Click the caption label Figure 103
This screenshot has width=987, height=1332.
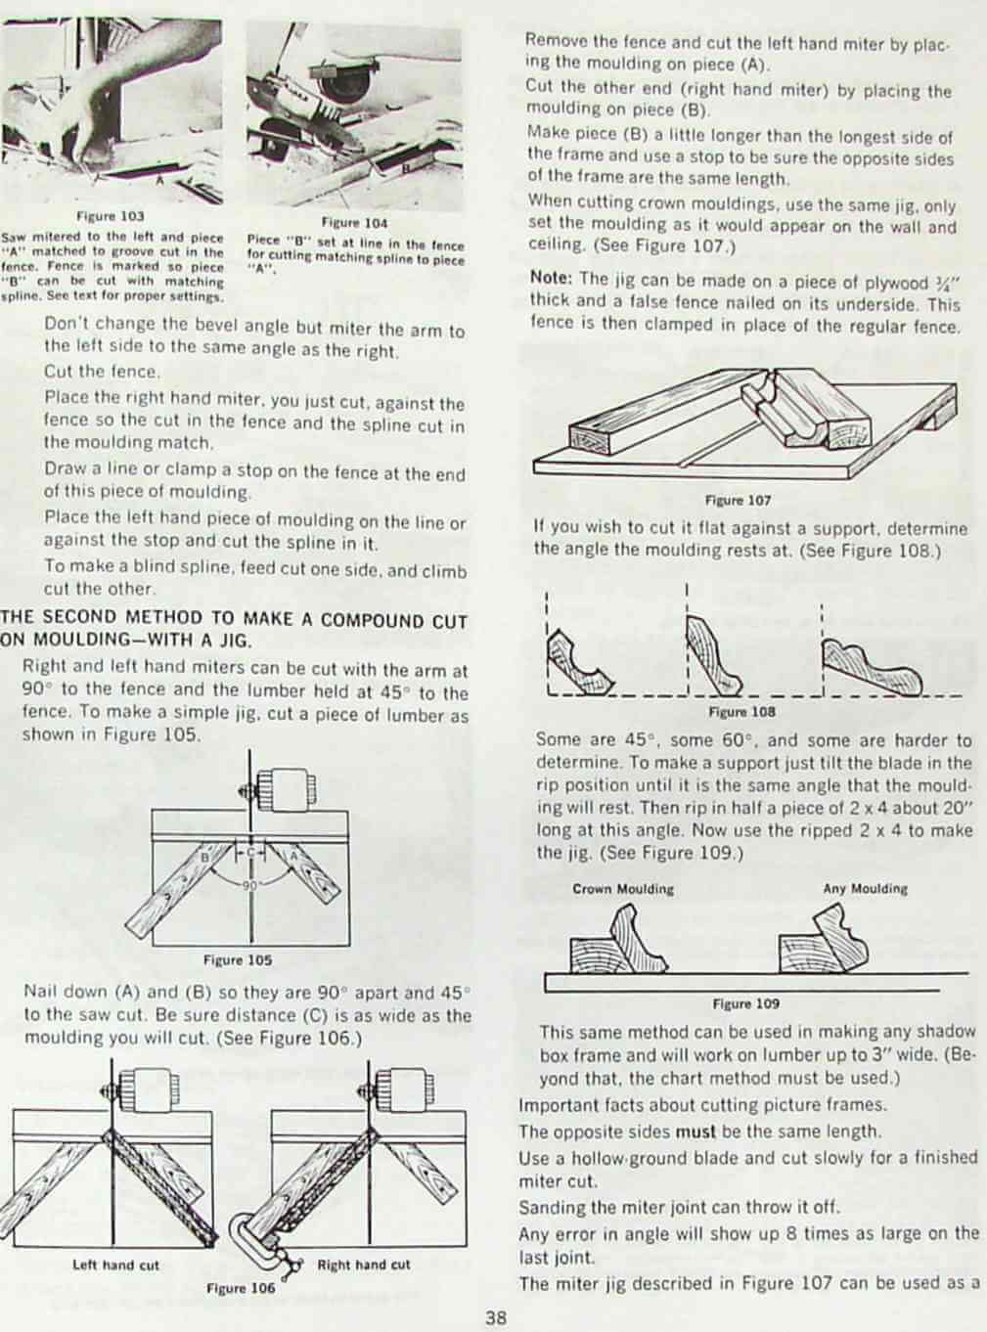pos(110,215)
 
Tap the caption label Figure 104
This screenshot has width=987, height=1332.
pos(354,223)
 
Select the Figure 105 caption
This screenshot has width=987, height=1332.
pos(238,960)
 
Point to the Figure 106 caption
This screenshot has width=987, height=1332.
pos(241,1289)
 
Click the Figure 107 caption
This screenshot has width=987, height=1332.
pos(739,501)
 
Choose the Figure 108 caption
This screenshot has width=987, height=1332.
pos(741,712)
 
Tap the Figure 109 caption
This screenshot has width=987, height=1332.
pos(746,1003)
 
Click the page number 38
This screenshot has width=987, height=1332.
pos(496,1318)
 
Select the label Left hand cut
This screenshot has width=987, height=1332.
pos(116,1265)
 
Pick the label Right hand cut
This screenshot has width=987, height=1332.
pos(364,1265)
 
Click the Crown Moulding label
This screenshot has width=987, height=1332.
pos(623,889)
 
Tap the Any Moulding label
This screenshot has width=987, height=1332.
pos(865,888)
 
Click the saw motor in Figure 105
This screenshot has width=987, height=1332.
pos(283,789)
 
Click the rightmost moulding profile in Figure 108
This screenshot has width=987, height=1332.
pos(872,668)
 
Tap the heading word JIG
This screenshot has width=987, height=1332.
pos(236,642)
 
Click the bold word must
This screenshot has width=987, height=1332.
pos(695,1132)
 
